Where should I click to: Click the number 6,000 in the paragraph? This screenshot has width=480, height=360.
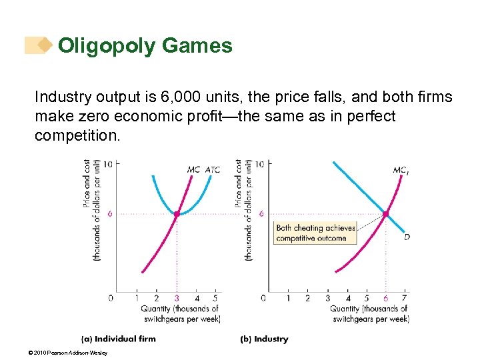tap(179, 97)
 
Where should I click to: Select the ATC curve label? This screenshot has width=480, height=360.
tap(213, 169)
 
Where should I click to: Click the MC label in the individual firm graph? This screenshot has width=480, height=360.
tap(193, 169)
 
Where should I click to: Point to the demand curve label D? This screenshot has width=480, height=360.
tap(407, 236)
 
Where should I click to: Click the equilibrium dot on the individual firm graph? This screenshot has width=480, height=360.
tap(177, 214)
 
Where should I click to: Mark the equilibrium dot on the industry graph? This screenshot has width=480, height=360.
tap(386, 214)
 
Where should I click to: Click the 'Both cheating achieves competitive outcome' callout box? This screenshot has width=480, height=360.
tap(314, 233)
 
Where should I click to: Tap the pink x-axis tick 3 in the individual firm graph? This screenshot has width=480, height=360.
tap(177, 298)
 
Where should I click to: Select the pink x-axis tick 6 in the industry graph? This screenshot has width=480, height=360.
tap(386, 298)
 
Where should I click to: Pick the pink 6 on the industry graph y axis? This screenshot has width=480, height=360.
tap(261, 214)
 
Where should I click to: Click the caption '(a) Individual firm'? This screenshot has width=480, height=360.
tap(119, 339)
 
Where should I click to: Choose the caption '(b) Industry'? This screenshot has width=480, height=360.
tap(265, 339)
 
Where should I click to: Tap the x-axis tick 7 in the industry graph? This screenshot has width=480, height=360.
tap(405, 298)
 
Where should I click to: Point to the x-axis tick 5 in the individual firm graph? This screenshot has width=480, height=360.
tap(215, 298)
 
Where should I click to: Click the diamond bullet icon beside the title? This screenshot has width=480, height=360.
tap(44, 45)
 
